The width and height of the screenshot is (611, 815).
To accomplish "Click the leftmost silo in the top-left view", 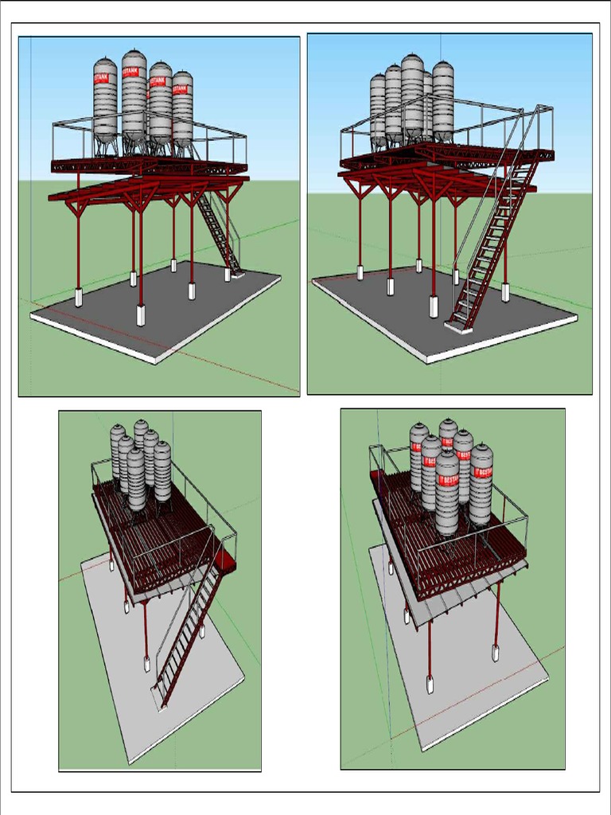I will coord(105,99).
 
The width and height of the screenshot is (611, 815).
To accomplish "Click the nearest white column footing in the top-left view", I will coord(141,315).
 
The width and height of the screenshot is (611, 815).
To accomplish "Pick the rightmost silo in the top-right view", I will coord(443,99).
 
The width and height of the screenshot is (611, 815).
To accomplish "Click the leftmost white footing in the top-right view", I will coord(360,273).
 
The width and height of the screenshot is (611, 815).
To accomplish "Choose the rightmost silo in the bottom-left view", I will coord(162,471).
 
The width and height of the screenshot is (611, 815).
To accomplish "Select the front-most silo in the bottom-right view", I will coord(447,493).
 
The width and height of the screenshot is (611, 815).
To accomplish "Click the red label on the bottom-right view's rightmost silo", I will coord(482,471).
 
